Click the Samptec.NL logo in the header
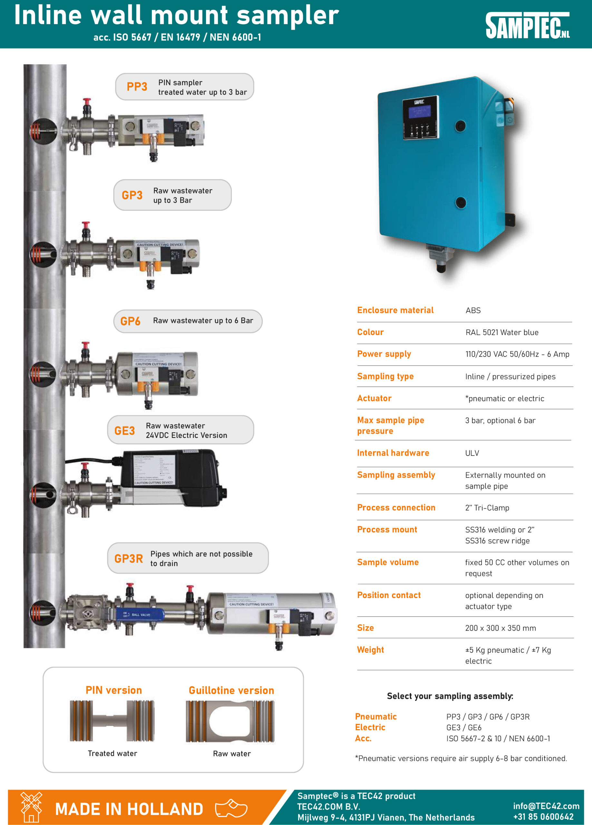pos(527,25)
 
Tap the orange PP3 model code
pos(137,87)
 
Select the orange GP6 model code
pos(130,321)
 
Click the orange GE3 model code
pos(124,431)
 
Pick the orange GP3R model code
pos(129,558)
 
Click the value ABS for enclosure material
pos(473,310)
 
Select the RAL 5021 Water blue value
pos(502,332)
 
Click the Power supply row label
pos(384,354)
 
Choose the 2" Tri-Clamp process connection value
pos(487,508)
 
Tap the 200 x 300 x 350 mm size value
pos(500,628)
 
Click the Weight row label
pos(370,650)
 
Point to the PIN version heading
pos(113,690)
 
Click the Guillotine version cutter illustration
pos(230,721)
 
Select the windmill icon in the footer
pos(31,807)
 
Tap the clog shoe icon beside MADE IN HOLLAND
pos(231,808)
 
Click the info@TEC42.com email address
pos(546,806)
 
